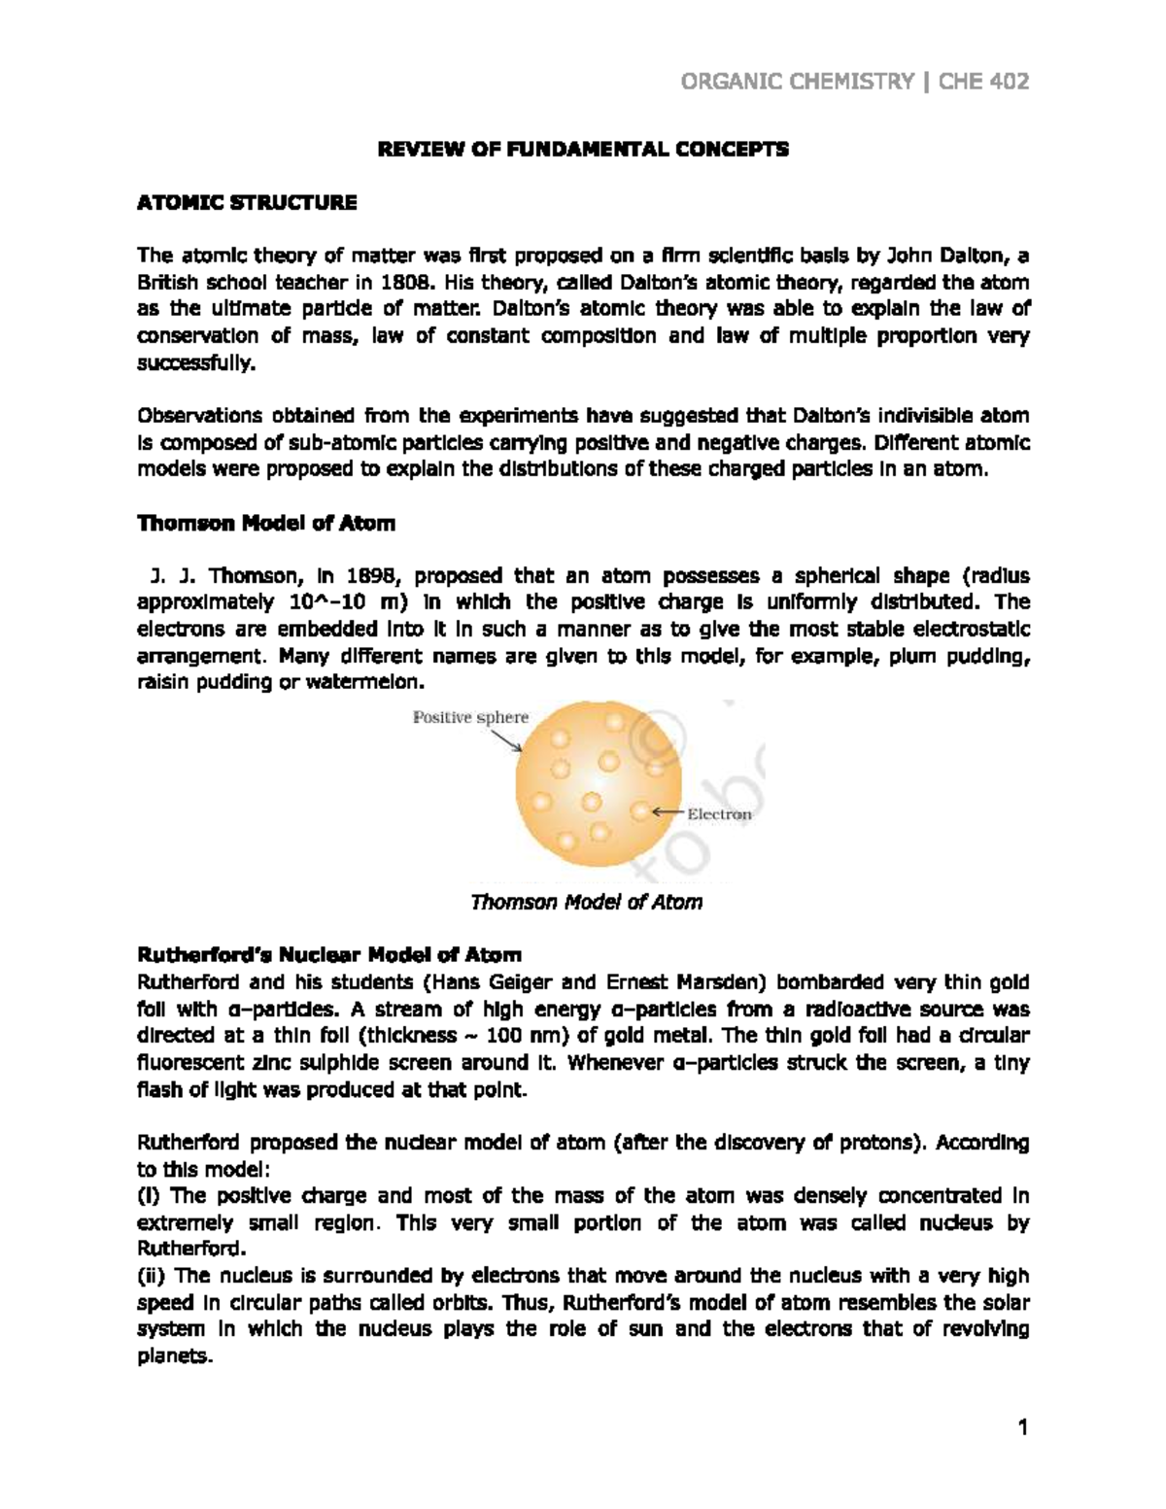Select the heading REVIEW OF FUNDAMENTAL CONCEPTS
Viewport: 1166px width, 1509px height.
[x=583, y=150]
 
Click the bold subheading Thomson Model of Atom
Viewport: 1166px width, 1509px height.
[x=266, y=524]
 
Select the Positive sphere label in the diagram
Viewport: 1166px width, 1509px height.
[x=471, y=718]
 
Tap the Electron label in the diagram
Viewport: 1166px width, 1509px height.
[x=719, y=814]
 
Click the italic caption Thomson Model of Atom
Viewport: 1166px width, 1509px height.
[x=585, y=902]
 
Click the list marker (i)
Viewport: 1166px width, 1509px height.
[x=152, y=1196]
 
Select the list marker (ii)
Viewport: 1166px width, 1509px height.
[x=154, y=1276]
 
